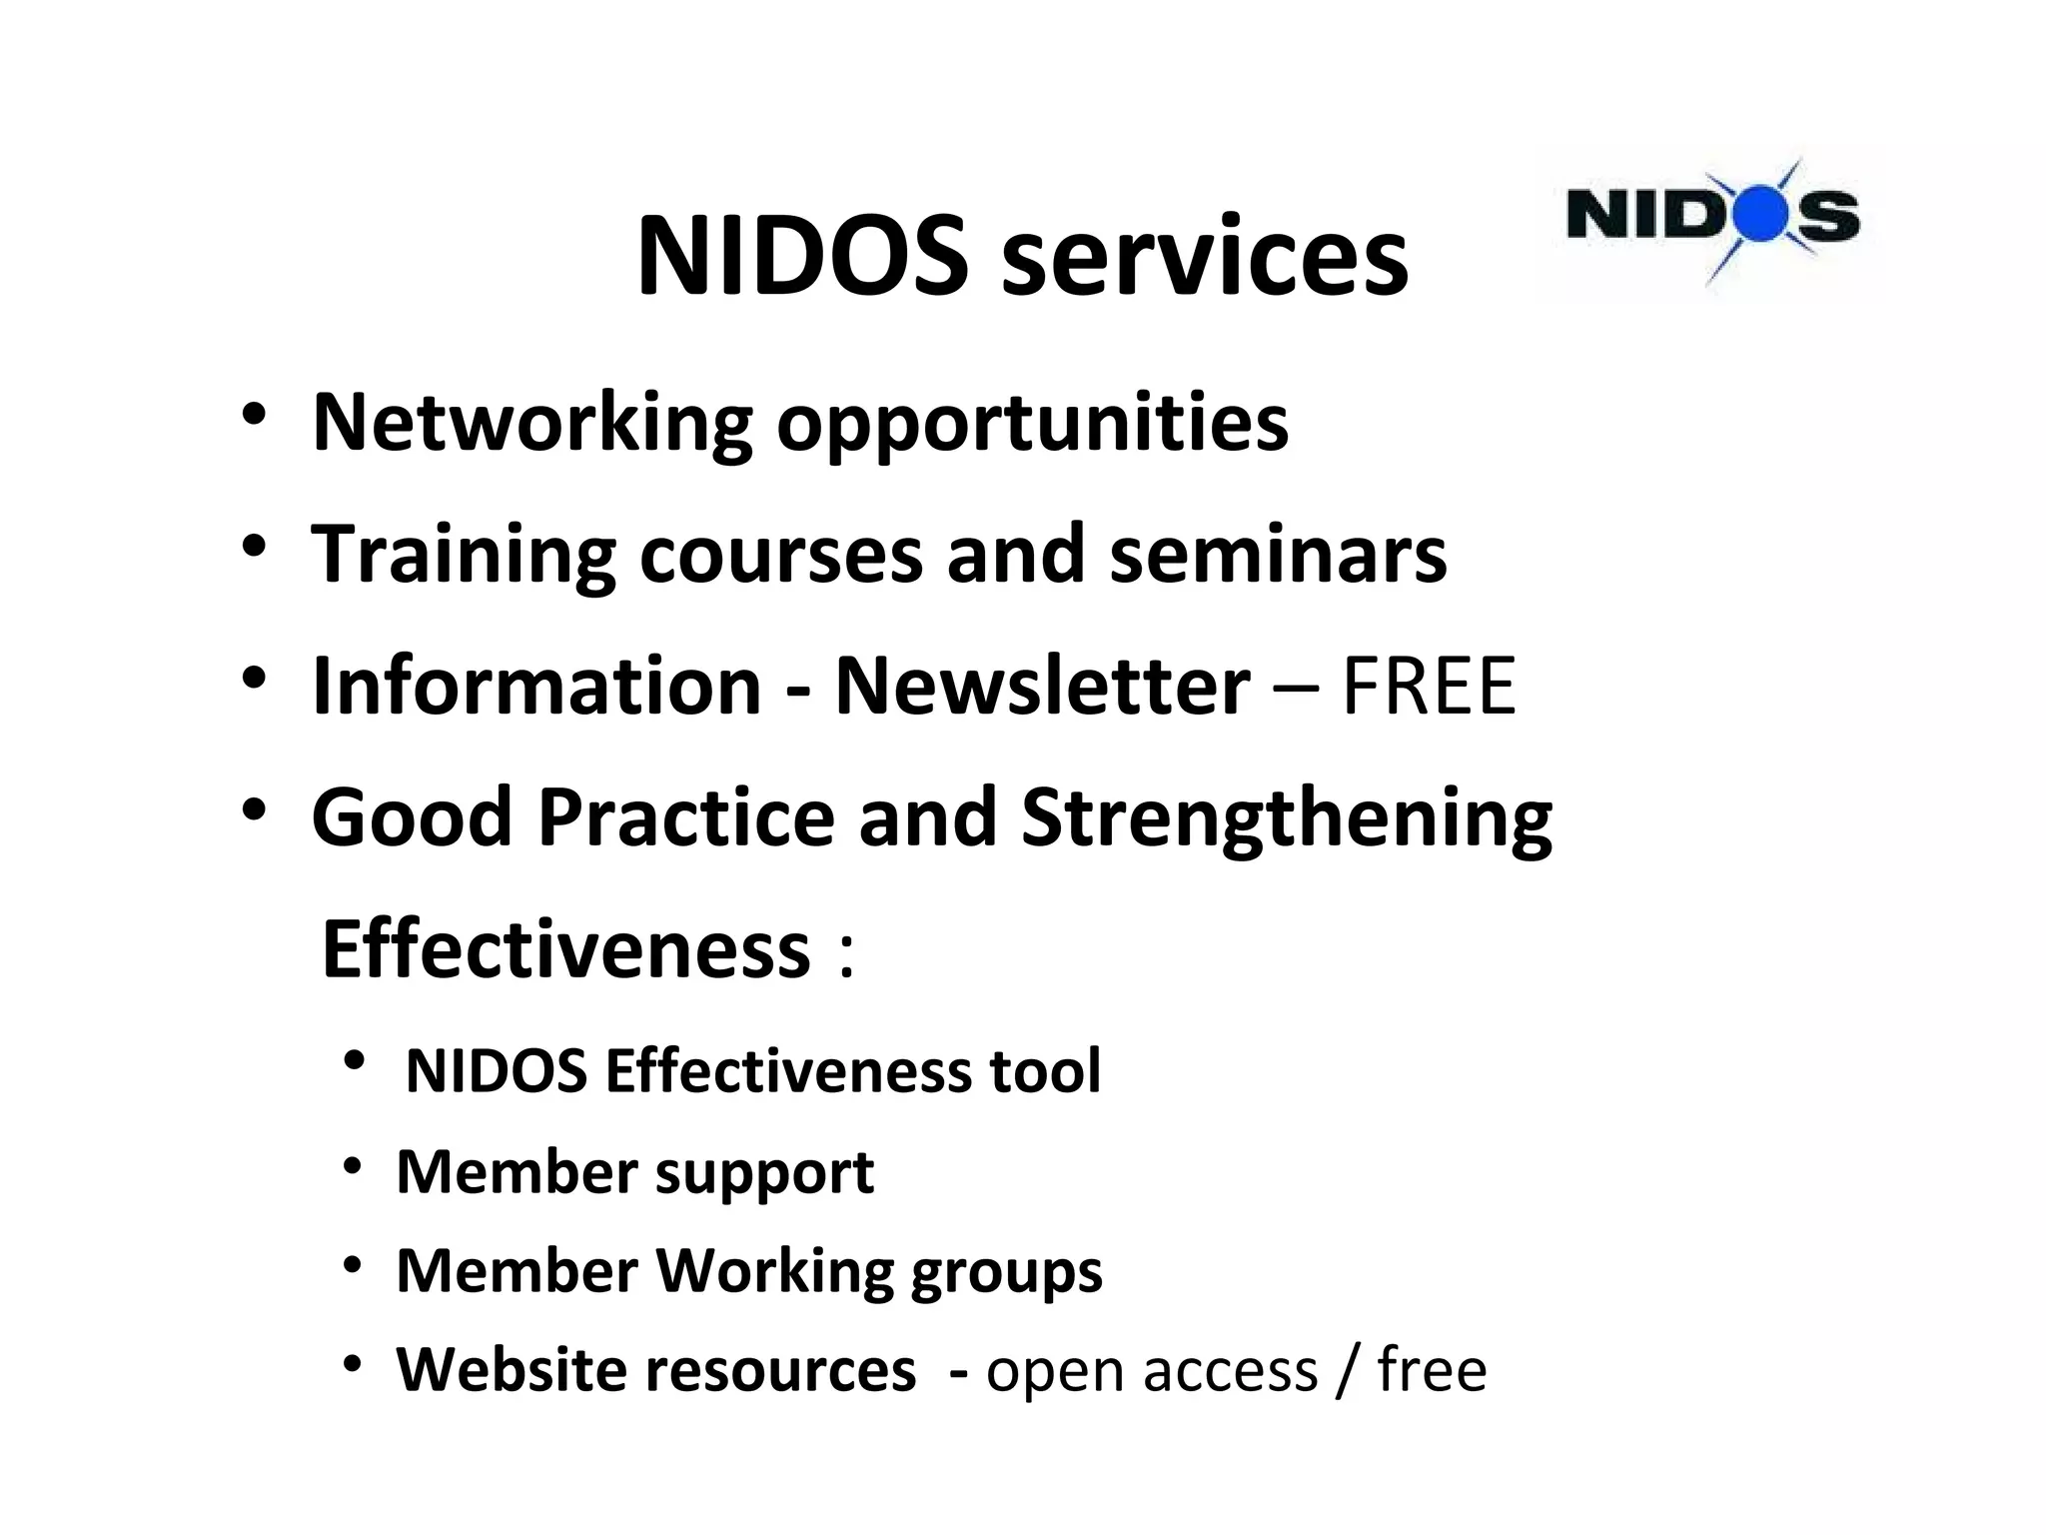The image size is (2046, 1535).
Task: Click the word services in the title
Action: click(1204, 258)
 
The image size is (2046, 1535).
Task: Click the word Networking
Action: click(531, 424)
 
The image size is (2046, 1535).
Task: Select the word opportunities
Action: click(1032, 424)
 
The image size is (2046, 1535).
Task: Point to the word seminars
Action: click(1278, 555)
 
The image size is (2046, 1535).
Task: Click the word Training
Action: click(464, 555)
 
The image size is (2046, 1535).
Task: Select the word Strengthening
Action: click(1287, 819)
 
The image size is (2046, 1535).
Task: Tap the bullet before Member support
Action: click(352, 1166)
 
